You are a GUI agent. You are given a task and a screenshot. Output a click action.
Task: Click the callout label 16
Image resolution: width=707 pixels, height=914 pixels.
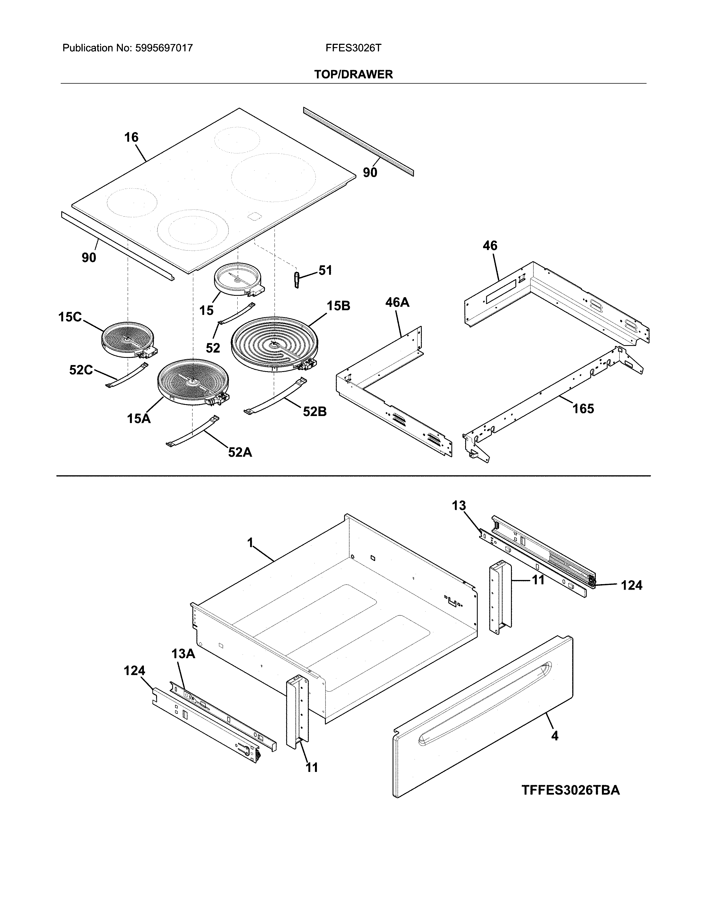point(131,137)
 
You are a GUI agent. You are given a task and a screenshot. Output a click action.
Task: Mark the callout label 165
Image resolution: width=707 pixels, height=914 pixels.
point(583,409)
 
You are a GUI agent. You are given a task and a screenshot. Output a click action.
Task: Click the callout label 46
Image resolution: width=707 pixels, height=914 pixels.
point(490,246)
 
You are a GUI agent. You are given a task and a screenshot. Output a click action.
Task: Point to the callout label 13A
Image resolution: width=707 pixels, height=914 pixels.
point(183,654)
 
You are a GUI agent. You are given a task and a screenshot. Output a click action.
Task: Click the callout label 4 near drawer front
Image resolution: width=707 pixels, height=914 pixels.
point(555,736)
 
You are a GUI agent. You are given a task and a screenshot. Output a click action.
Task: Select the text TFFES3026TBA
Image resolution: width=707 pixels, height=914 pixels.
point(571,790)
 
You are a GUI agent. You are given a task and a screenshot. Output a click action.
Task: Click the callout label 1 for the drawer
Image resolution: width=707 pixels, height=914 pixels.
point(250,543)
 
